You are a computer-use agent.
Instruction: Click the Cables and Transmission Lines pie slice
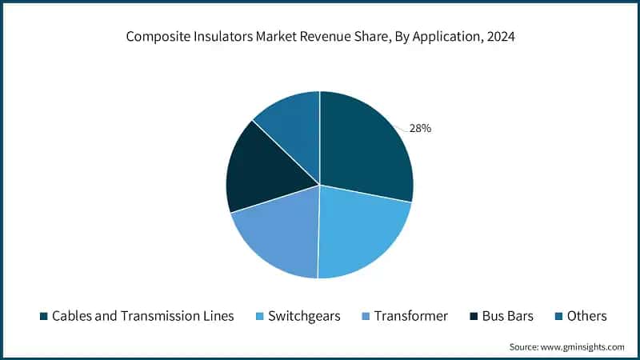(364, 148)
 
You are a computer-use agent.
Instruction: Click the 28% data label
(420, 128)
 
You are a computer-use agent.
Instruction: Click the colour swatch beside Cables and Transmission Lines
(44, 316)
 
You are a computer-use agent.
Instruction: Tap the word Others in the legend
(586, 316)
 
